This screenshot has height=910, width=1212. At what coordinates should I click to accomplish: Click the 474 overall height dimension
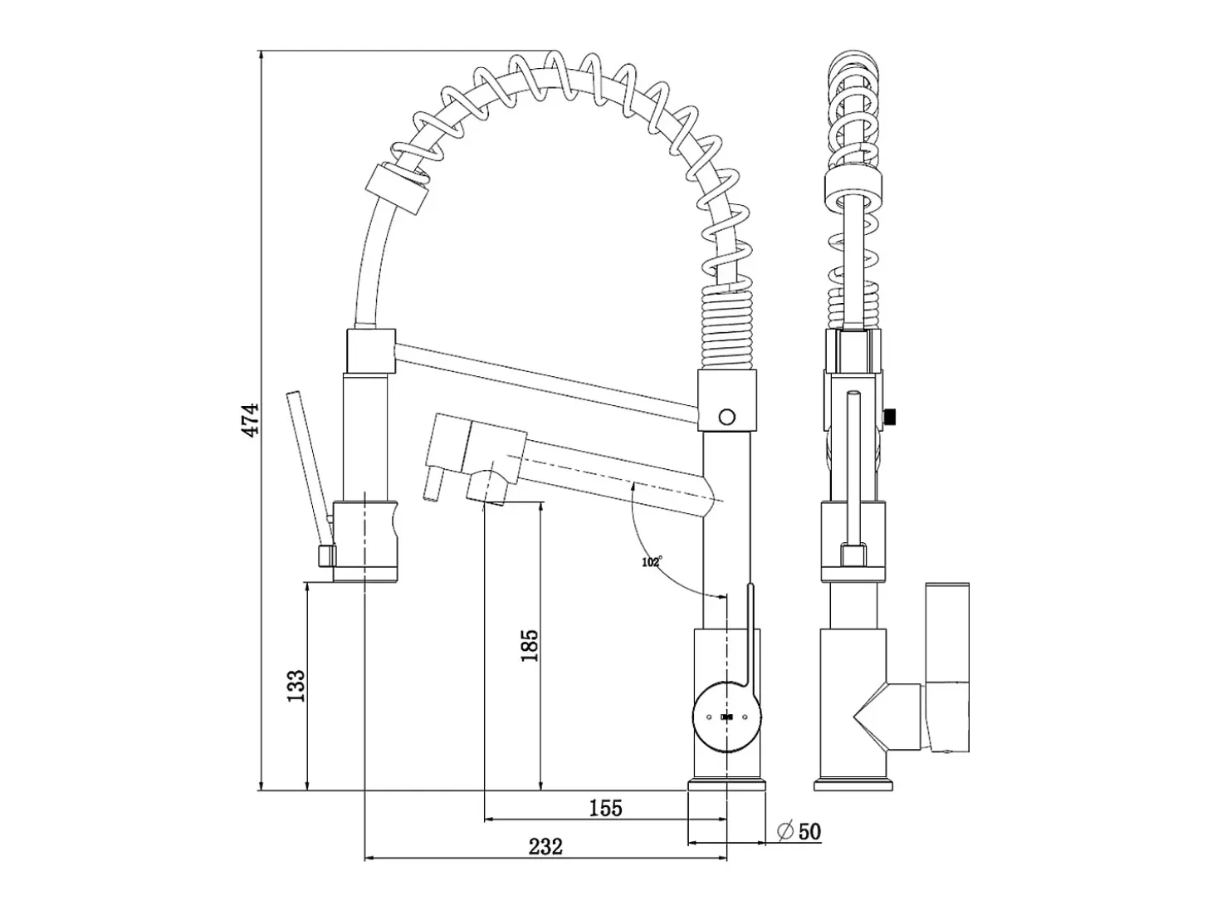point(252,421)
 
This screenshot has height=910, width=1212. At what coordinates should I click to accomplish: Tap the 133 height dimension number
point(296,686)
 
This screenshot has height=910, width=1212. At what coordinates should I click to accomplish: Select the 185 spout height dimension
point(529,646)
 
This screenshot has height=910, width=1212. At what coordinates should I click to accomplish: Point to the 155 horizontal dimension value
point(606,809)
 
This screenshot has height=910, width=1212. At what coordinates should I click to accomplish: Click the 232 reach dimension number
point(545,847)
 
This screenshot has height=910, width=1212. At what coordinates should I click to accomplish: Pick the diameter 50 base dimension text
point(799,831)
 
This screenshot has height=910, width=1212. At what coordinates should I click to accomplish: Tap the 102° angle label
point(652,562)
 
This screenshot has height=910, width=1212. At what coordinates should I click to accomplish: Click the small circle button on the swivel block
point(727,417)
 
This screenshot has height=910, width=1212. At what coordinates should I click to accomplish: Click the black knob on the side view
point(890,416)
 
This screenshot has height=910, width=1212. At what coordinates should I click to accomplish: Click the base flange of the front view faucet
point(726,786)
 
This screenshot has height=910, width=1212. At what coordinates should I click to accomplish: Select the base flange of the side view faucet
point(853,786)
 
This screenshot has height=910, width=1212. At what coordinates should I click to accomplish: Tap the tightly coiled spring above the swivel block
point(727,326)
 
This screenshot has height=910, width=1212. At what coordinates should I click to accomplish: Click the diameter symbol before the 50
point(785,831)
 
